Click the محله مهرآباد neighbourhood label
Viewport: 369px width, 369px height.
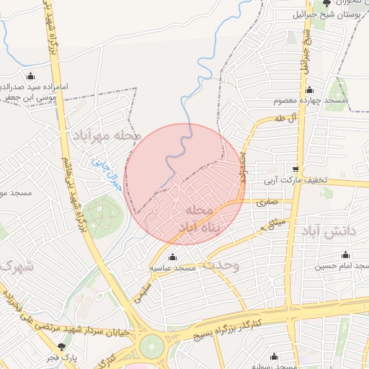[x=100, y=135]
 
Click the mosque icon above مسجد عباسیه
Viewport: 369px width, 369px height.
[x=172, y=257]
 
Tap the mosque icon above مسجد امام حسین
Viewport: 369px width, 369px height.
[x=344, y=255]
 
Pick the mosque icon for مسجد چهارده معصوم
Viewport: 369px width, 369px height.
[x=309, y=90]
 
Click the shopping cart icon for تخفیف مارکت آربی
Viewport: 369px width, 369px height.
[x=295, y=169]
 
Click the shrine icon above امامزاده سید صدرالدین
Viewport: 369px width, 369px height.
[x=30, y=76]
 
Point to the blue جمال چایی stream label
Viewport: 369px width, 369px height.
[x=107, y=173]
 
